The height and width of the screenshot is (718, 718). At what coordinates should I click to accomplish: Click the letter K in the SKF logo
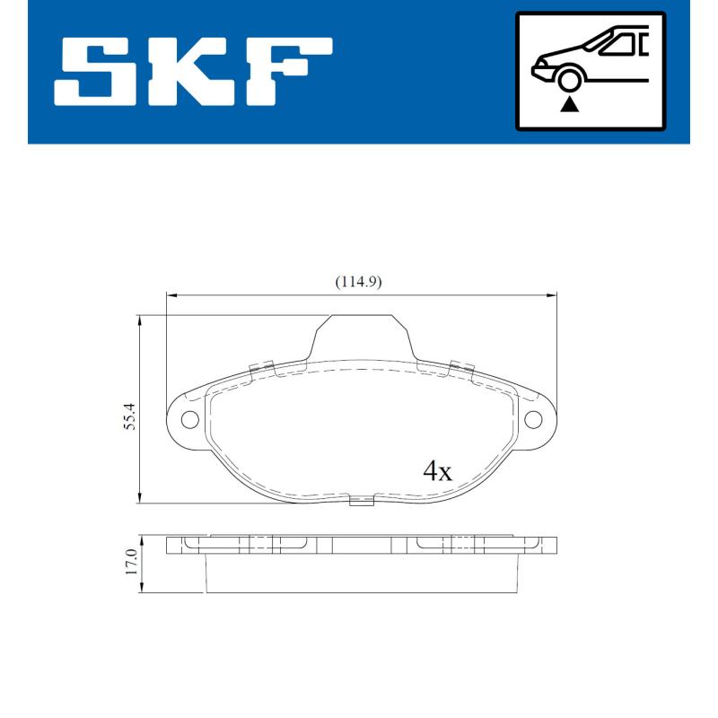(193, 71)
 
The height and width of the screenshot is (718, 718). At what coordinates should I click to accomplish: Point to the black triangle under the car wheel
(569, 104)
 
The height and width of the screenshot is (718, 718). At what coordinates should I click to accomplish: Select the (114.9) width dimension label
(359, 282)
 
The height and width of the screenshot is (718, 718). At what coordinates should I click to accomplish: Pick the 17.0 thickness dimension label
(130, 562)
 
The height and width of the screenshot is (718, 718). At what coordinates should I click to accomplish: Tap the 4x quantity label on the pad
(437, 471)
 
